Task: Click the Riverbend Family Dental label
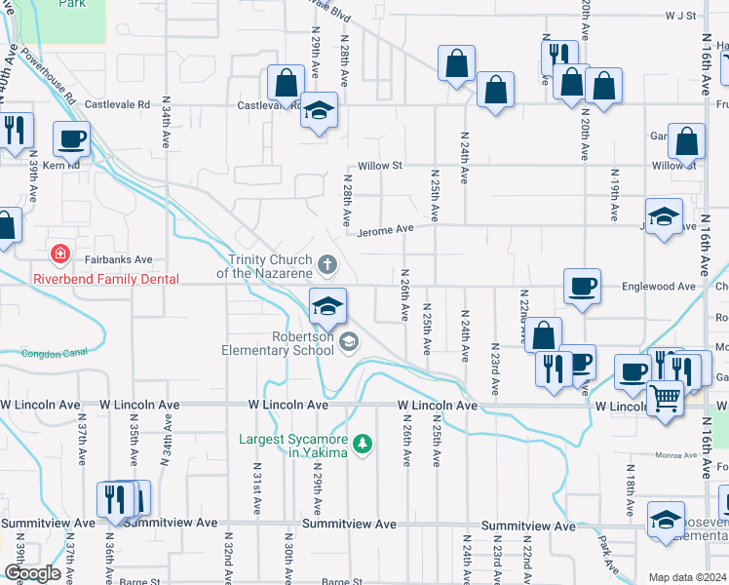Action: tap(106, 279)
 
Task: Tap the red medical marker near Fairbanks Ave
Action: tap(60, 254)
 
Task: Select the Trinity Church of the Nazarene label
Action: tap(269, 266)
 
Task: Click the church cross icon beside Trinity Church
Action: tap(328, 262)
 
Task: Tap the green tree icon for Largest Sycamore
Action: tap(363, 445)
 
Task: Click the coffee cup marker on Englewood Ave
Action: tap(582, 287)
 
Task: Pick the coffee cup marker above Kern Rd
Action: tap(71, 140)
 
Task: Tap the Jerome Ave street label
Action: tap(386, 229)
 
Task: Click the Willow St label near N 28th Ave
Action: tap(379, 166)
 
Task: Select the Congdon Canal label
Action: tap(47, 354)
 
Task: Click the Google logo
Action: tap(33, 573)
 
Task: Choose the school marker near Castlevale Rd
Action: tap(319, 110)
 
